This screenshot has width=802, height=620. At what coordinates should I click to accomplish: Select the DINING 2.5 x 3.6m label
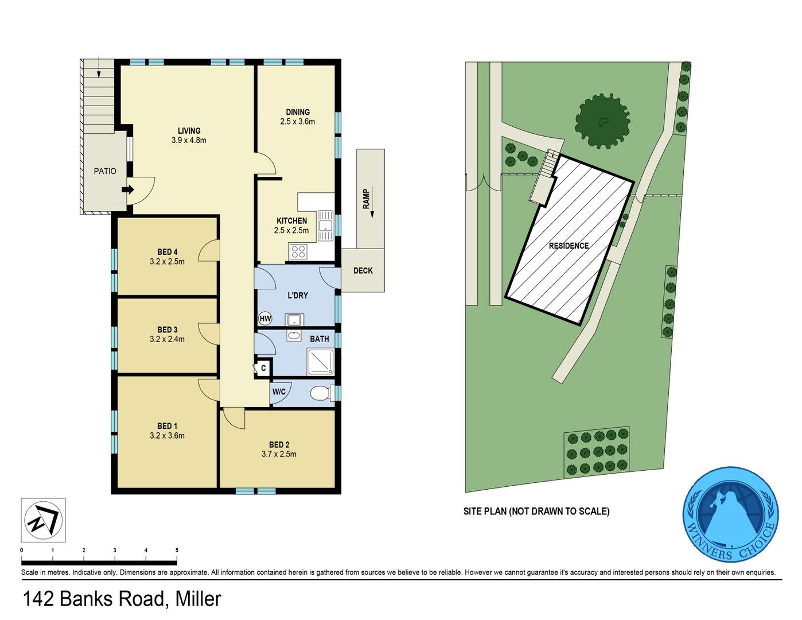click(x=297, y=117)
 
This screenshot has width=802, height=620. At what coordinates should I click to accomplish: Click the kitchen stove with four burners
click(x=298, y=251)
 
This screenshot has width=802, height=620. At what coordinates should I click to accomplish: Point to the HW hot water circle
click(x=264, y=319)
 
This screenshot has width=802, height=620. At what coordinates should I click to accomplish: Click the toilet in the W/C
click(x=320, y=394)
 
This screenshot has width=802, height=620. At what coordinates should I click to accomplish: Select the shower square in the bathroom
click(x=320, y=362)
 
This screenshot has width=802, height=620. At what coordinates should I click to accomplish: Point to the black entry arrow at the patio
click(x=129, y=189)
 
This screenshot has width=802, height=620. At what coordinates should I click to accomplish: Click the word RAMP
click(x=366, y=199)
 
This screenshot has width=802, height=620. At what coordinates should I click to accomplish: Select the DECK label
click(x=363, y=270)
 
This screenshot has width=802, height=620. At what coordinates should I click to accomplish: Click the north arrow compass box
click(x=44, y=520)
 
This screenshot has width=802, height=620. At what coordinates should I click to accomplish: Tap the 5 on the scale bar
click(x=177, y=551)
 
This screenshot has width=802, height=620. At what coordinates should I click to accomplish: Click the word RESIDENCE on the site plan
click(x=569, y=246)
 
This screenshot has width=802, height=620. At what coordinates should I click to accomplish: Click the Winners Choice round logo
click(x=730, y=514)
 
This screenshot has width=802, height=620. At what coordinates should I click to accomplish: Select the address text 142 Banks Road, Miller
click(x=122, y=599)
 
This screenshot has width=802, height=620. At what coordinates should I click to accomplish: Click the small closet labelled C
click(x=263, y=368)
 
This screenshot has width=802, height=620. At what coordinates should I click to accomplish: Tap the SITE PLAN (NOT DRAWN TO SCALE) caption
click(x=536, y=511)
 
